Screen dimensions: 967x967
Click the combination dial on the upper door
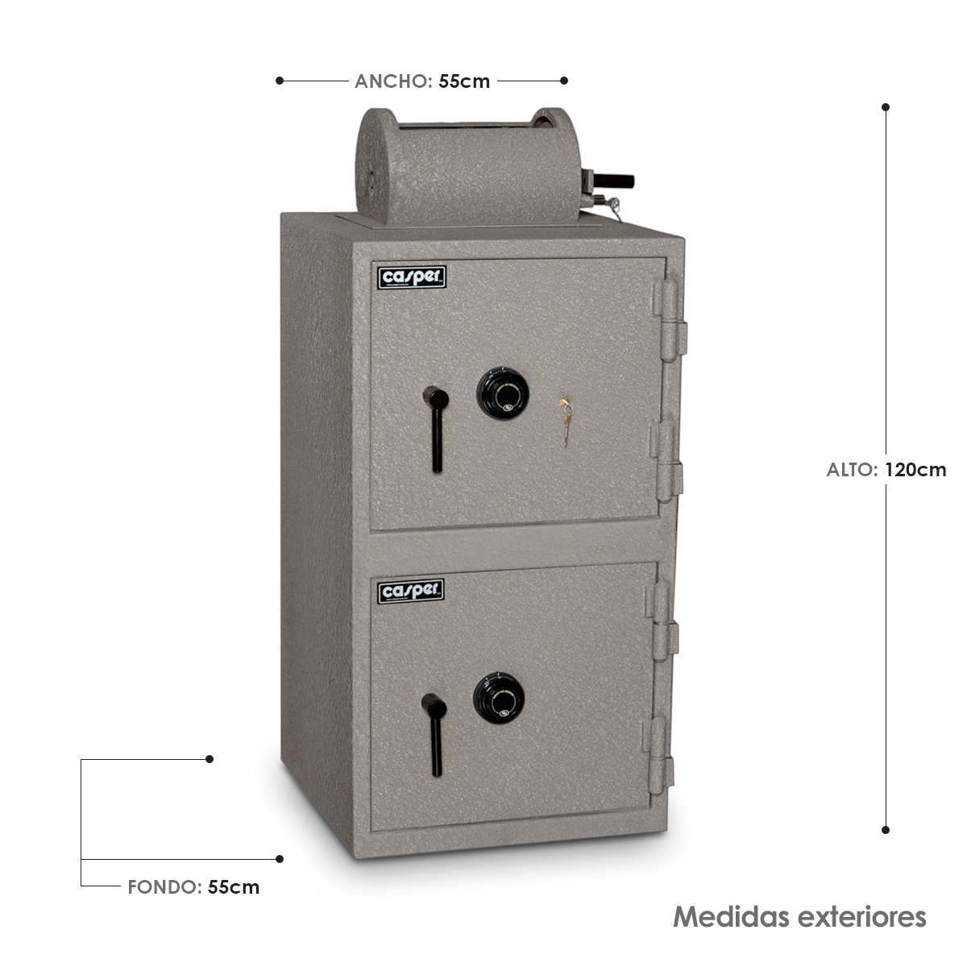(502, 393)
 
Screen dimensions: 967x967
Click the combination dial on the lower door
(499, 698)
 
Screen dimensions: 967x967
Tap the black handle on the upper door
(436, 428)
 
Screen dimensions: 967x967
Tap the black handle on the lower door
(434, 735)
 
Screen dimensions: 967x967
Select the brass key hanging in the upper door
(566, 421)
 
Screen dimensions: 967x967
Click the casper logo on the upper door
(412, 277)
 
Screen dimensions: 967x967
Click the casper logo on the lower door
(410, 591)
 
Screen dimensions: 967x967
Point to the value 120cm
(915, 470)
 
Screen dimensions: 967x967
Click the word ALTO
(852, 470)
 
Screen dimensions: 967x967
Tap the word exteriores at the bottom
(861, 917)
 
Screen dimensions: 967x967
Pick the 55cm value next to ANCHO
(464, 81)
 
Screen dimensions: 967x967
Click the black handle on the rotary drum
(614, 181)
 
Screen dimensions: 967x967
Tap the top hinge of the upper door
(670, 320)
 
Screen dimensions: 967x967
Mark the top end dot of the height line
(885, 107)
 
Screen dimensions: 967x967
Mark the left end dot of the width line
(280, 81)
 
